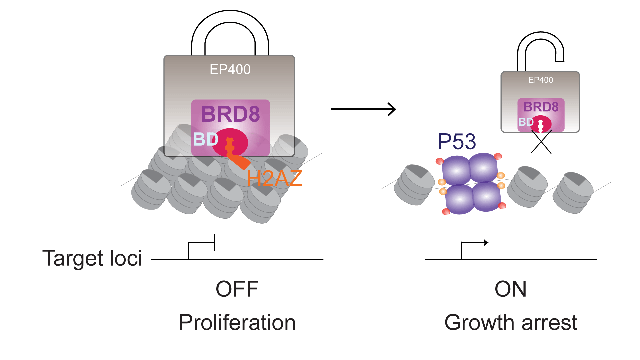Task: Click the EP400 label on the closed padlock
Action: point(230,69)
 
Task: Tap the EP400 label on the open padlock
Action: point(541,80)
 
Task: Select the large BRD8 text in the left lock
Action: point(230,114)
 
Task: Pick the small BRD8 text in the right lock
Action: point(541,107)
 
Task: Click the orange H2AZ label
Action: point(274,178)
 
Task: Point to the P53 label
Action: point(457,141)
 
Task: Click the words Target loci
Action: point(92,258)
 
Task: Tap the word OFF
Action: point(237,289)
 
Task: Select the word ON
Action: point(510,289)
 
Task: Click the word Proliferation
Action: point(237,323)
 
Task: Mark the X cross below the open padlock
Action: point(541,142)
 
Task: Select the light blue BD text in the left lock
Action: point(205,139)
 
